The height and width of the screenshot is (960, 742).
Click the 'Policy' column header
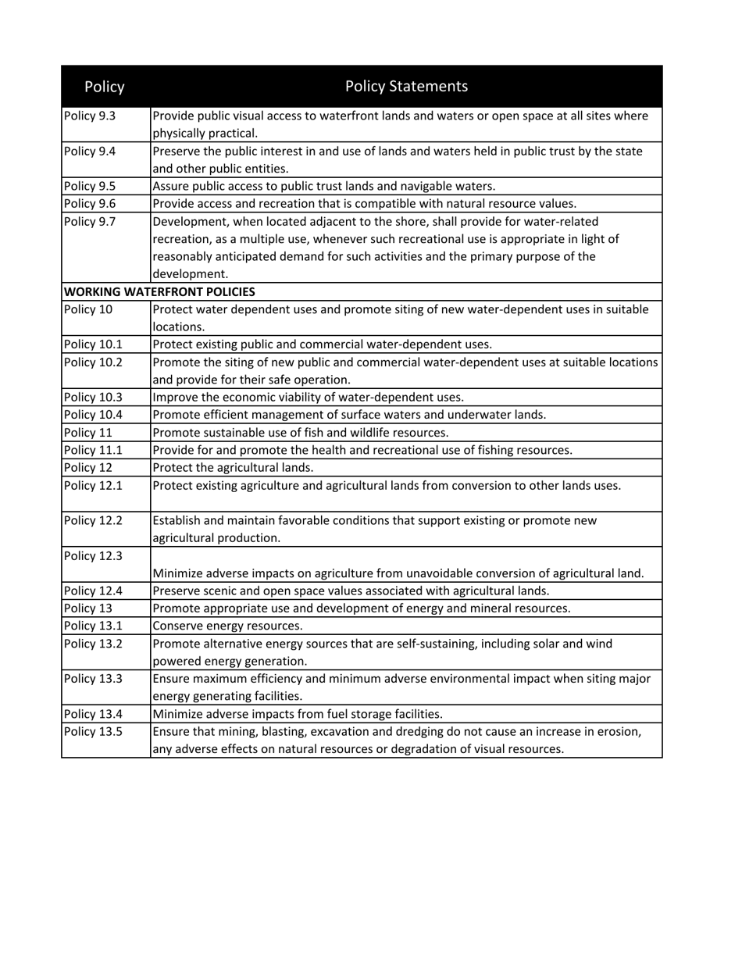tap(104, 87)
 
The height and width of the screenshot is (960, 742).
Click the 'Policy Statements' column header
tap(406, 86)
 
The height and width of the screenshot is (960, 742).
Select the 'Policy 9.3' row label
tap(90, 116)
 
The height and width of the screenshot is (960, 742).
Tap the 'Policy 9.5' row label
tap(90, 186)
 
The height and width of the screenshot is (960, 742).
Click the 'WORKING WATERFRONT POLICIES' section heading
tap(159, 292)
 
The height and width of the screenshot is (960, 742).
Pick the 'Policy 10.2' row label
tap(93, 362)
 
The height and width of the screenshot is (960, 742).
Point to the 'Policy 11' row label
tap(88, 432)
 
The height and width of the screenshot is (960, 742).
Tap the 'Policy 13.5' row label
tap(93, 731)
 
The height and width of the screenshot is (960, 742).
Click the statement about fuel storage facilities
tap(298, 714)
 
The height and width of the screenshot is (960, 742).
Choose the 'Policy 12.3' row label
tap(93, 556)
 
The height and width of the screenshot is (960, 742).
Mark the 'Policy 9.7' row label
tap(90, 222)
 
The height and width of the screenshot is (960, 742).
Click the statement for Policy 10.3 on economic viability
tap(308, 397)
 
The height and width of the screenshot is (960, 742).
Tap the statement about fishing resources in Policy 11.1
tap(362, 450)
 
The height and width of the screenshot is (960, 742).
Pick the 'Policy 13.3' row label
tap(93, 679)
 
